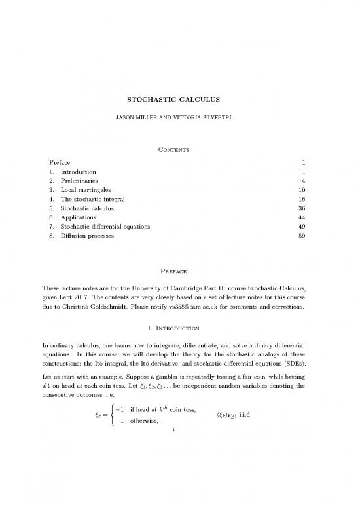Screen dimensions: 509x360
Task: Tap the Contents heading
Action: coord(179,149)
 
